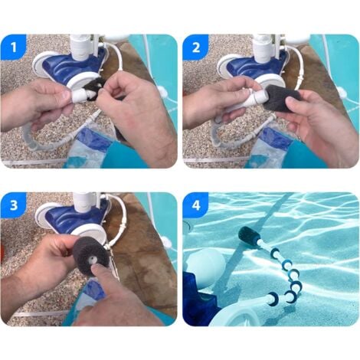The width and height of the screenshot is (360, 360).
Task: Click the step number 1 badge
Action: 14,47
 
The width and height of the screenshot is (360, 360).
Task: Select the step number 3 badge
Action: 14,205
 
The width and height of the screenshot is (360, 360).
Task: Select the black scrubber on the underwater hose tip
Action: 251,235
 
